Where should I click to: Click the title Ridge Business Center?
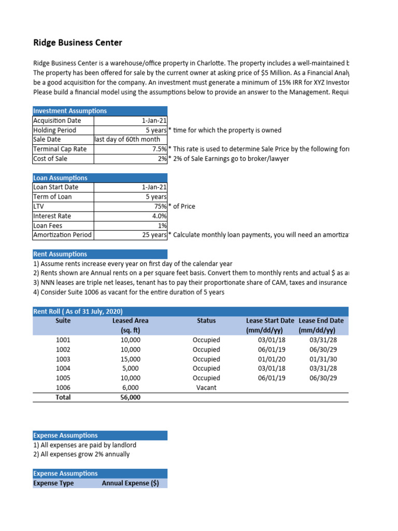coord(78,43)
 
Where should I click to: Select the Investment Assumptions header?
coord(70,111)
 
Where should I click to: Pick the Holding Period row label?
coord(54,130)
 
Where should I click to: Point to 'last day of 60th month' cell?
coord(130,139)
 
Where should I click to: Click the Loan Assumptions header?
coord(60,178)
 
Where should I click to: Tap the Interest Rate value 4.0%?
coord(159,216)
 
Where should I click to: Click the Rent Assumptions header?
coord(60,254)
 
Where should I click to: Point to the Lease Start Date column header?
coord(269,321)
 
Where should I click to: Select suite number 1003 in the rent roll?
coord(63,359)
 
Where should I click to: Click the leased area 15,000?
coord(130,359)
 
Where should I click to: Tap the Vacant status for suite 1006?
coord(206,387)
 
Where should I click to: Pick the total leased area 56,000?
coord(130,398)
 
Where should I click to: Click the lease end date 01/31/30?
coord(323,359)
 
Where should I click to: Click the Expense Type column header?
coord(53,483)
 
